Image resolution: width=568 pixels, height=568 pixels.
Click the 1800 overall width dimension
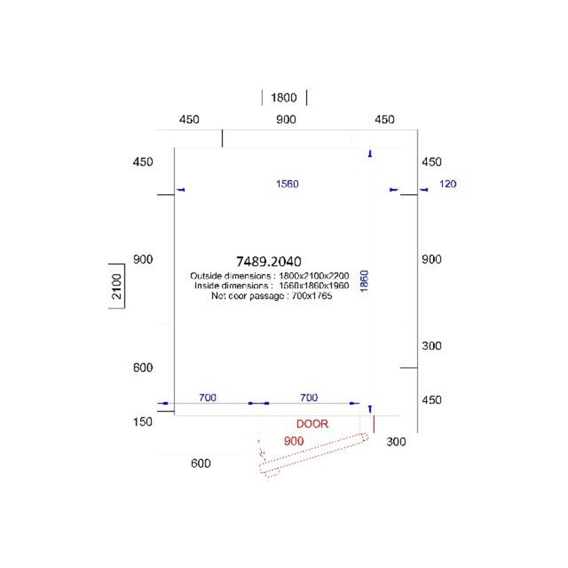coord(283,98)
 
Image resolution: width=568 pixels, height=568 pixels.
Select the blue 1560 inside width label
coord(287,183)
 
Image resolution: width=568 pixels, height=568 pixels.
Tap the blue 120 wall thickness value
coord(448,183)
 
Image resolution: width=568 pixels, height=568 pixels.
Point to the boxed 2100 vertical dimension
coord(116,286)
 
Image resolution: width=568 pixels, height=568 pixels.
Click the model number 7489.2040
coord(269,261)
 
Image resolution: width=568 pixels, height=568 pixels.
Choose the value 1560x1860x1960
coord(314,286)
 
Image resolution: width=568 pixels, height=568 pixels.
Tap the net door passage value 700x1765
coord(312,295)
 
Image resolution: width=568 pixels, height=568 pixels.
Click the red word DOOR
coord(312,424)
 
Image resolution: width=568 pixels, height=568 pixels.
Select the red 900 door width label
coord(294,440)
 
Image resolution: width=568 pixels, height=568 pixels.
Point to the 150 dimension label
coord(143,421)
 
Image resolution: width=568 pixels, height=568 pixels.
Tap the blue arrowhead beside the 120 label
coord(423,190)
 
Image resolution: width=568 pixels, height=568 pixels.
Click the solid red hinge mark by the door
coord(374,424)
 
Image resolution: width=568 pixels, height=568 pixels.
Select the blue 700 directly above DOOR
coord(308,398)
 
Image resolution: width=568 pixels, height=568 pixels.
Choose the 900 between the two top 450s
coord(286,120)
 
